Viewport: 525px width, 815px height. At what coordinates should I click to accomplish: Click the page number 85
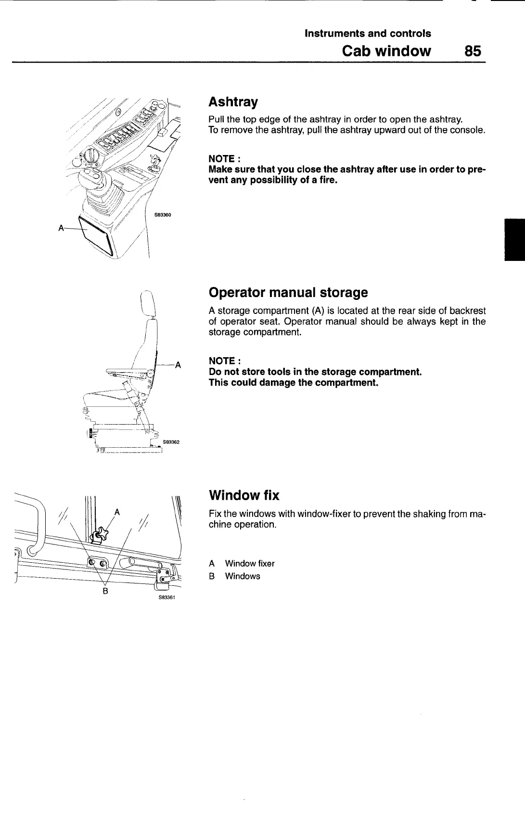point(473,51)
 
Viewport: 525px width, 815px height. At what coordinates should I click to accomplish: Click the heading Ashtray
point(233,102)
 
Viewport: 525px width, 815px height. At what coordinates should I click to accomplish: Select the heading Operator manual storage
point(288,292)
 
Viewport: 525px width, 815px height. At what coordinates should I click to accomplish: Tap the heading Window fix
point(243,495)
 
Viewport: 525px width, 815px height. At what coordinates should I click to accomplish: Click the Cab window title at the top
point(386,51)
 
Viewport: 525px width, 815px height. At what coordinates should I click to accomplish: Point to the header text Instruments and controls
point(368,33)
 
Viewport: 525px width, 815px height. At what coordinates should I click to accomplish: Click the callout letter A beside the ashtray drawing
point(61,228)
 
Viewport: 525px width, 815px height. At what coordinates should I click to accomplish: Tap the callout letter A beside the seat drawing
point(178,364)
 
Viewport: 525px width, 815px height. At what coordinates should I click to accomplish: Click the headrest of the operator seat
point(148,303)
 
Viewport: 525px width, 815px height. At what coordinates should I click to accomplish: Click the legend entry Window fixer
point(249,563)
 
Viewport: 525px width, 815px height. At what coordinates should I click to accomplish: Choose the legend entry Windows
point(242,576)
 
